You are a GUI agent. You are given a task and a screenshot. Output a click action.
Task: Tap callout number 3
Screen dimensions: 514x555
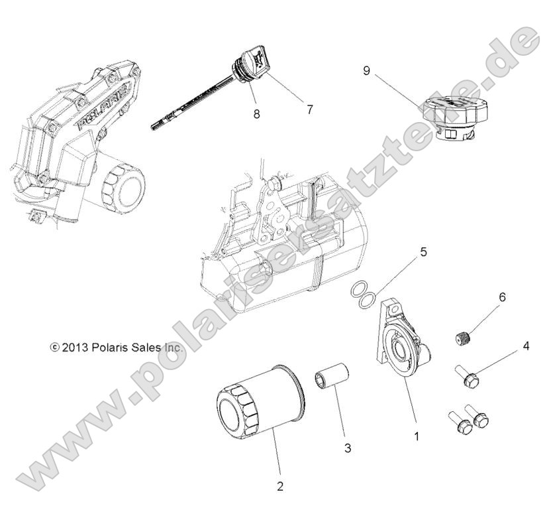347,448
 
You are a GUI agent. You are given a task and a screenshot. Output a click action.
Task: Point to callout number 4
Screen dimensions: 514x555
526,346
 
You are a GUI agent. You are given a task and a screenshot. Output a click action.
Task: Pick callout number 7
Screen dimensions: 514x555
309,109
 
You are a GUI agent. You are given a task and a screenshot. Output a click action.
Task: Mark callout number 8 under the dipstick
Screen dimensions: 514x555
256,113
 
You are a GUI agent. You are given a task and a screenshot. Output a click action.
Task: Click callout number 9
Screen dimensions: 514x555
367,69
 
